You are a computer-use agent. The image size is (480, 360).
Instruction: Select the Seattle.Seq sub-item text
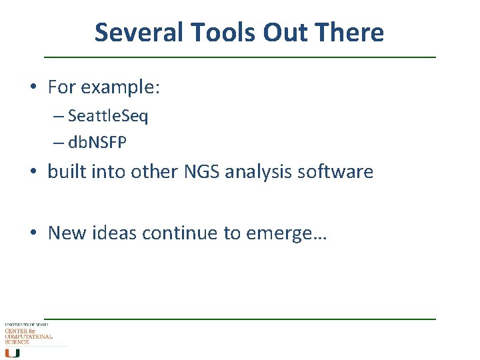click(x=108, y=117)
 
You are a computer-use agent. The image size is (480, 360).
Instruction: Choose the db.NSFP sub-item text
click(x=97, y=142)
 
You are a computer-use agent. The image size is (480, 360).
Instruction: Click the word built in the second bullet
click(x=65, y=172)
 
